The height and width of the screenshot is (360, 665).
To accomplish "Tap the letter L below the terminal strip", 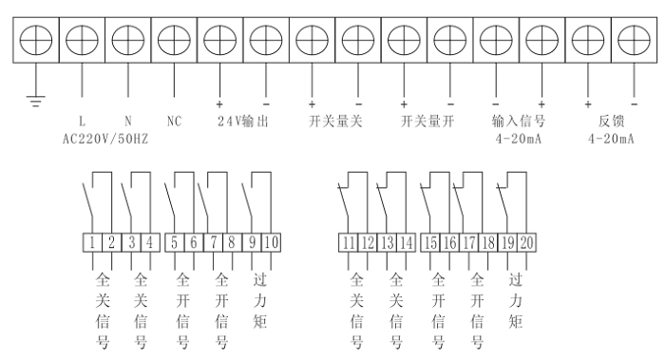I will (83, 122).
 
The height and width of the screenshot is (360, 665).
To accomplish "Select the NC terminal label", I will (174, 122).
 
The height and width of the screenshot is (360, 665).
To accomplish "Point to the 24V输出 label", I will (244, 122).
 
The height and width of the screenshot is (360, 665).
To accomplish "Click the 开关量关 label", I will (335, 122).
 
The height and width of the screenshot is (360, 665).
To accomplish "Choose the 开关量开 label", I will (427, 122).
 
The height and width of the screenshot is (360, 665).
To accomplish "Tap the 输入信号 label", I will (518, 122).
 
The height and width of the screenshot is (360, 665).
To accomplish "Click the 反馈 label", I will (609, 122).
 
